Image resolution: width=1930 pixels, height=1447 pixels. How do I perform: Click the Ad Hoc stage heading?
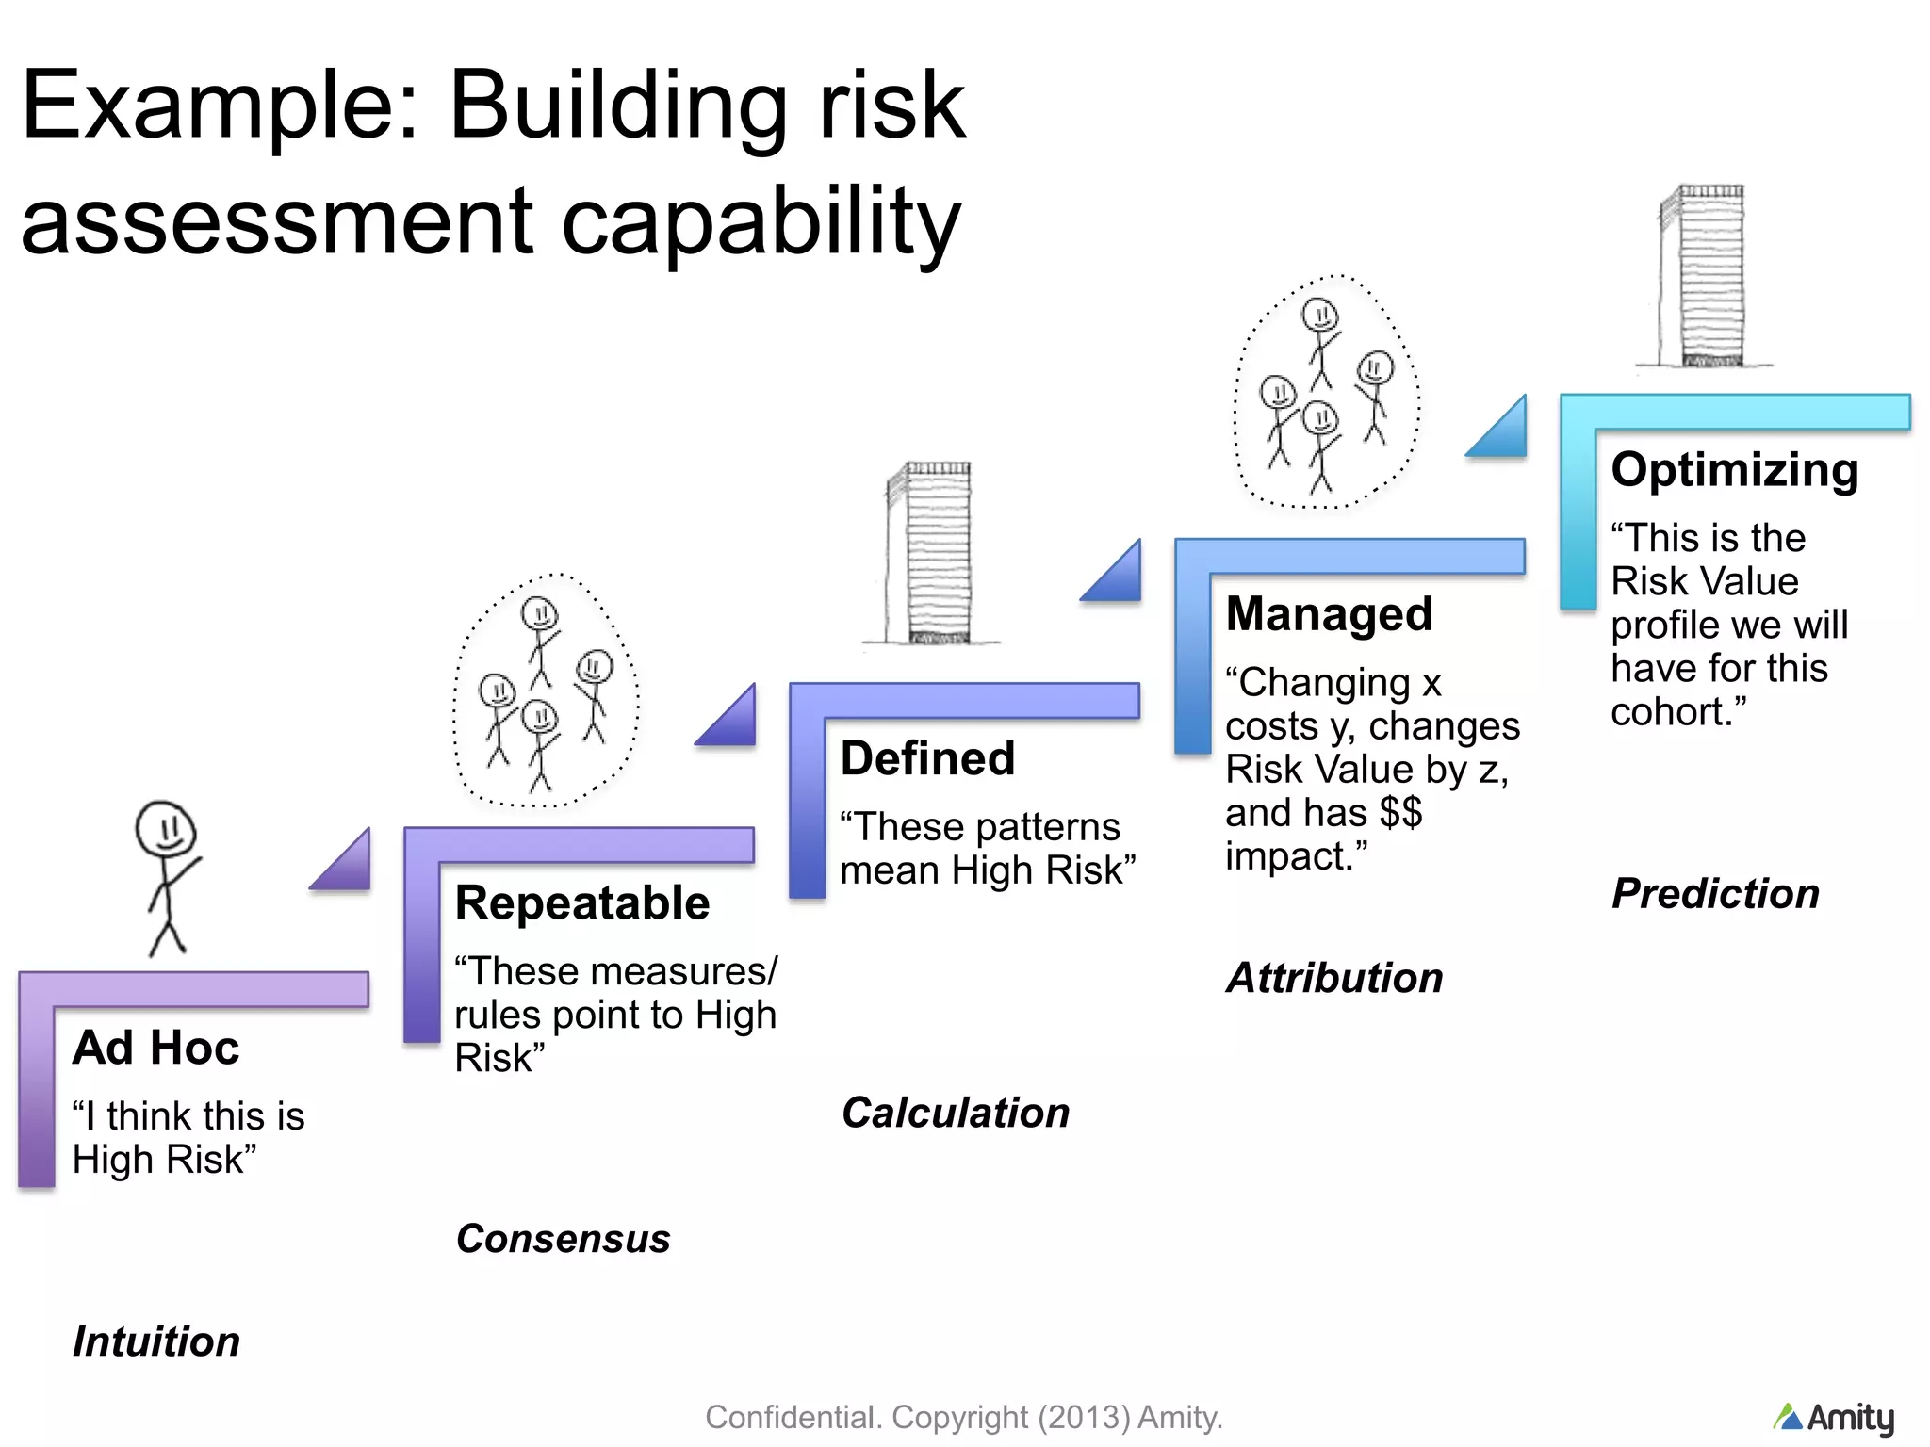click(155, 1048)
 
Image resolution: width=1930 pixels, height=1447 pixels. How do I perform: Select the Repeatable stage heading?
click(581, 902)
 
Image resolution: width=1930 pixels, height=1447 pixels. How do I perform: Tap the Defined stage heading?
click(927, 758)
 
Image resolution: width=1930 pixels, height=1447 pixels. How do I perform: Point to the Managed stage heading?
click(1329, 614)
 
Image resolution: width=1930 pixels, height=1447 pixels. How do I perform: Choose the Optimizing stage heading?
click(1734, 469)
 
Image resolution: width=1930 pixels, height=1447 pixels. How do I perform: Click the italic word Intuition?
click(156, 1341)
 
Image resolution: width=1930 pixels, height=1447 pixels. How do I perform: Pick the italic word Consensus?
click(563, 1239)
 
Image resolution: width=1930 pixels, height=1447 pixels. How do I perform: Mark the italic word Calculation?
click(956, 1113)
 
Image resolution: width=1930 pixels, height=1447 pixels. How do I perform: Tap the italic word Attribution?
click(1334, 978)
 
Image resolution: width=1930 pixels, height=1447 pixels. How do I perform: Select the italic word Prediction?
click(1715, 893)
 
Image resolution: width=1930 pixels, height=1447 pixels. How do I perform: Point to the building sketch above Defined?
click(928, 554)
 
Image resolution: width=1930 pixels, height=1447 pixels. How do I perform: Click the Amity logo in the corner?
click(1834, 1418)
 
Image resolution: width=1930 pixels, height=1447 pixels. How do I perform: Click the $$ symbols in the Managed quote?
click(1400, 812)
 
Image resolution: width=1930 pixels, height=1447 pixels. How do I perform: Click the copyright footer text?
click(963, 1417)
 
